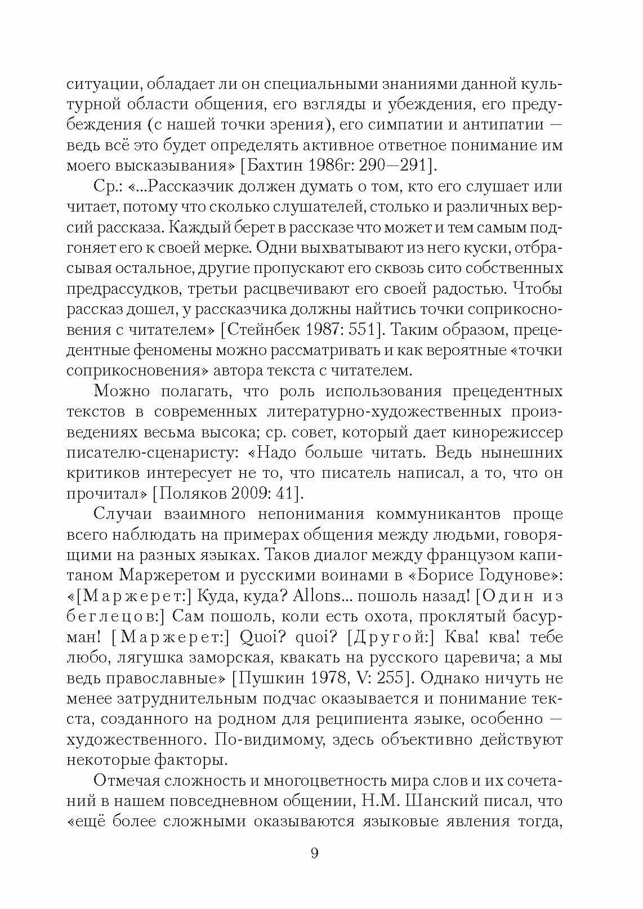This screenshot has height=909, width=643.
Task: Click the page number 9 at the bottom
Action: (x=314, y=853)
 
